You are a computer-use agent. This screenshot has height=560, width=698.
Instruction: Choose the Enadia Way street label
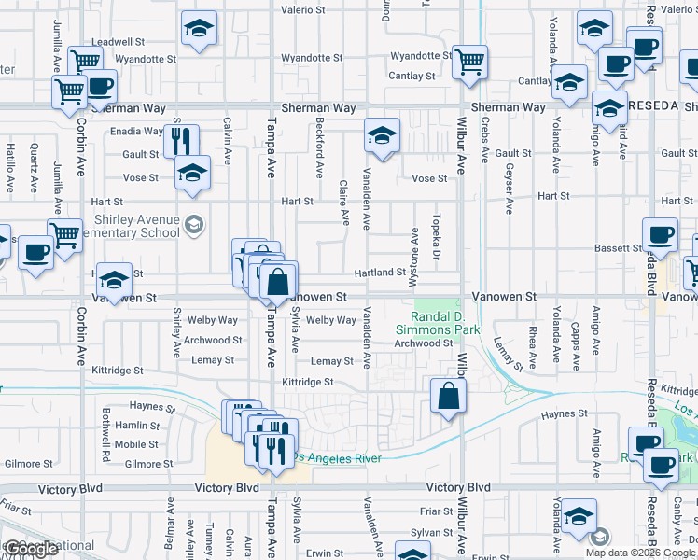136,132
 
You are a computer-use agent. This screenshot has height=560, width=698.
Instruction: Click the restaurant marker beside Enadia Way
181,141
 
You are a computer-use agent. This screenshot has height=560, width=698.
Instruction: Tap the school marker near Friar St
579,515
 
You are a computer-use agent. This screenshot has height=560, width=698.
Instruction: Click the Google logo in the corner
32,550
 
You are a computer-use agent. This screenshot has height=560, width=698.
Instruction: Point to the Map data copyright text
640,553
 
